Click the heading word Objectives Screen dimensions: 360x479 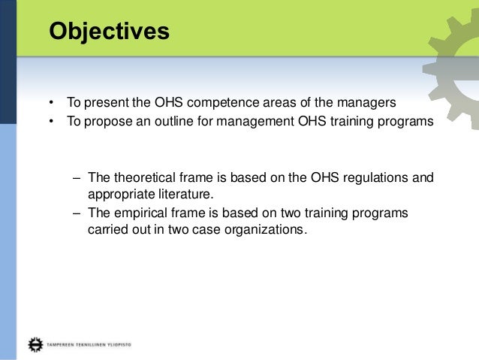(x=109, y=33)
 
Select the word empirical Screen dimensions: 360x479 (x=138, y=213)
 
